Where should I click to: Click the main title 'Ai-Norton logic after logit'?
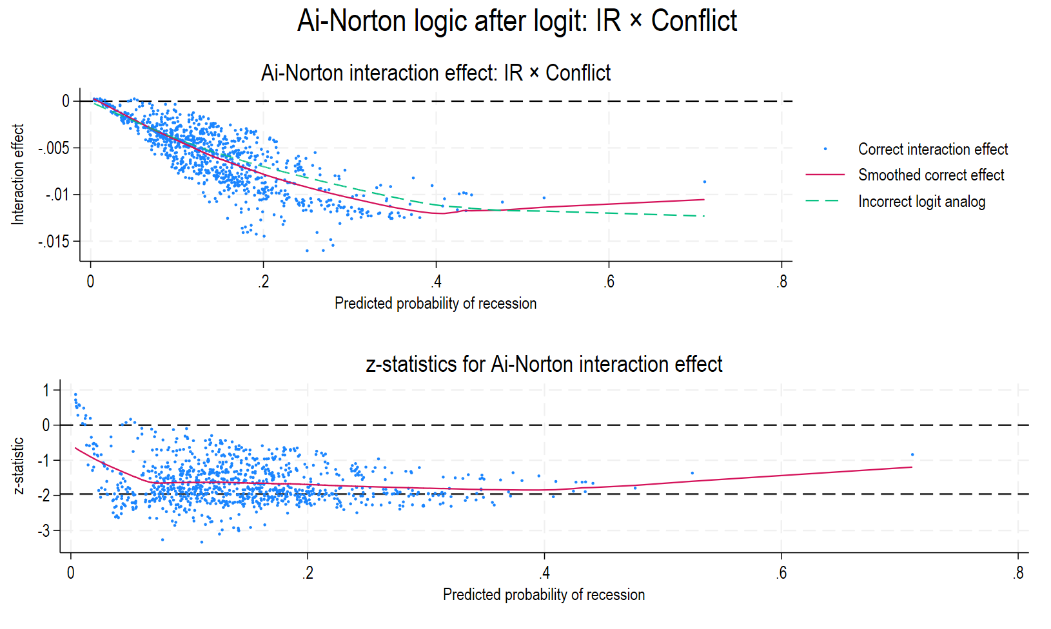pos(516,21)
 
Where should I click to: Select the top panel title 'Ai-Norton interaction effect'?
pos(435,73)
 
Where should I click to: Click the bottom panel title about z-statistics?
pos(544,364)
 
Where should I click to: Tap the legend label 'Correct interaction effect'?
pos(932,150)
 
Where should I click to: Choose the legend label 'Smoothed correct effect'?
pos(930,175)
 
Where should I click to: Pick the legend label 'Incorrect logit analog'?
pos(921,202)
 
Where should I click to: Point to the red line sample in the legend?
pos(825,175)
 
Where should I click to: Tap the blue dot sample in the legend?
pos(825,150)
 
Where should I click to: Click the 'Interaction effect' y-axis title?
pos(18,174)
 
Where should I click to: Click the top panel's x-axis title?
pos(435,304)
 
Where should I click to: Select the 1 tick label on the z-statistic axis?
pos(46,390)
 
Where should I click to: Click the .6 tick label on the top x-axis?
pos(609,282)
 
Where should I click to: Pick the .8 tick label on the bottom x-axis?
pos(1017,573)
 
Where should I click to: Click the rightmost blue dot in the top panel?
pos(705,182)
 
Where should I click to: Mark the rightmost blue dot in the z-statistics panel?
pos(912,455)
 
